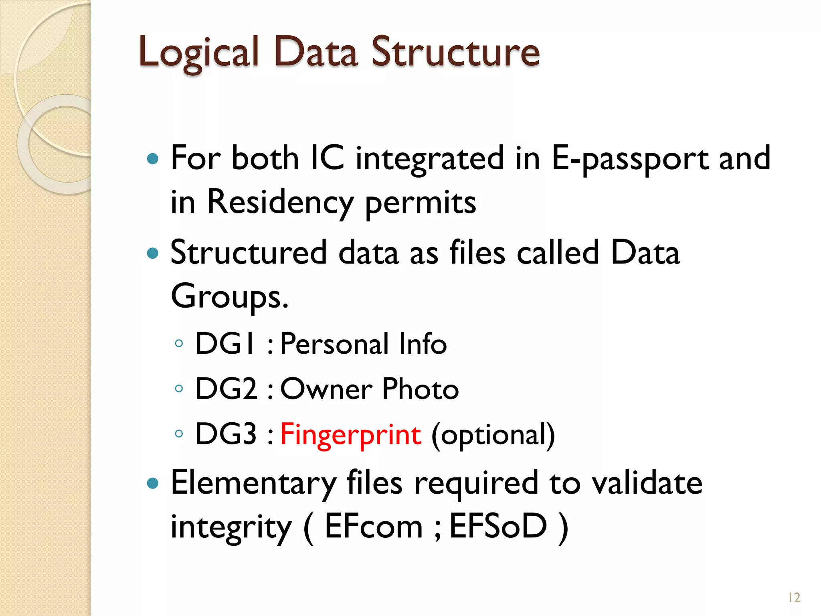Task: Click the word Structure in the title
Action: coord(455,52)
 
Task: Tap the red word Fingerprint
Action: coord(350,434)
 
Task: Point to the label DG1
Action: coord(224,344)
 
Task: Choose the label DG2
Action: coord(226,389)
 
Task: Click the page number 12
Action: coord(794,598)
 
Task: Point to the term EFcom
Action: coord(373,526)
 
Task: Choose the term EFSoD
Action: coord(498,526)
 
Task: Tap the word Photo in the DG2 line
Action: coord(420,389)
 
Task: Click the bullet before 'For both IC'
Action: coord(153,159)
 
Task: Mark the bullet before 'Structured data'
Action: coord(153,253)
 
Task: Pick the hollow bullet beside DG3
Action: coord(179,434)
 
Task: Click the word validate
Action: coord(647,483)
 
